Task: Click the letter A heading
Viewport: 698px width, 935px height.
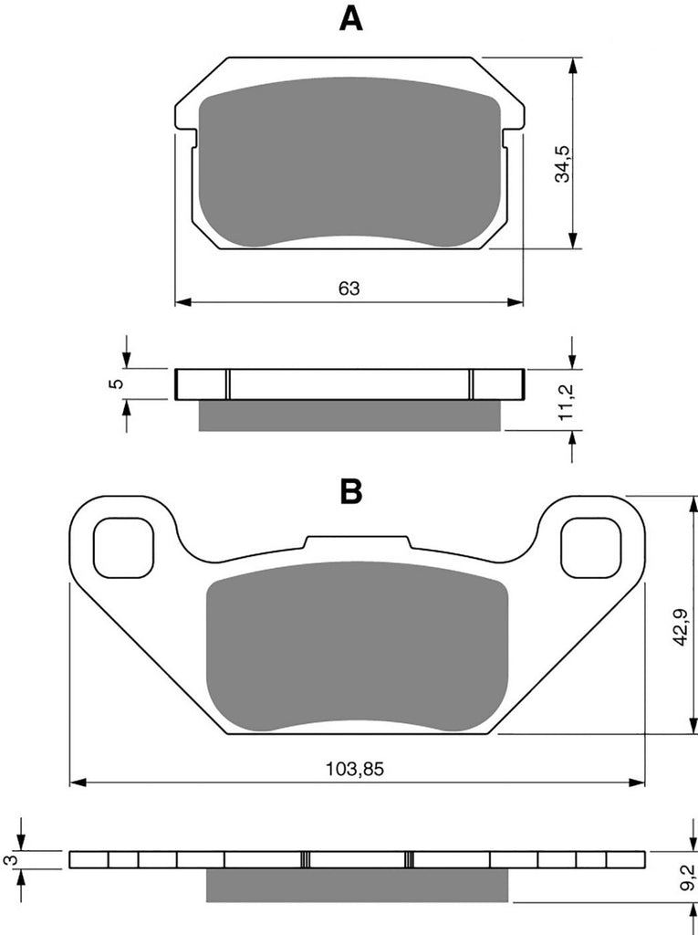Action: pos(350,19)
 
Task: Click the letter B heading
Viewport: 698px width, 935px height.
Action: pos(351,492)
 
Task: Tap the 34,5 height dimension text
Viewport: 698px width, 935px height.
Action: pos(562,163)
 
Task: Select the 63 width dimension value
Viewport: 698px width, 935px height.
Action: pos(349,289)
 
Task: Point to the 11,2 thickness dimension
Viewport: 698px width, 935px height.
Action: pos(566,402)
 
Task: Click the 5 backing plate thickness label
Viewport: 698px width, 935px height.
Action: pos(118,383)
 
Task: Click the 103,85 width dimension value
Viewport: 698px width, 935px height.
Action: pos(355,769)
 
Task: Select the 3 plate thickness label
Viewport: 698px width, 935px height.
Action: pos(8,859)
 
